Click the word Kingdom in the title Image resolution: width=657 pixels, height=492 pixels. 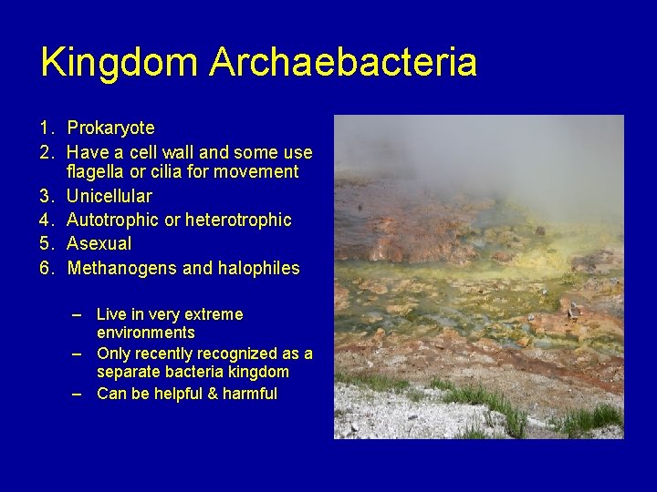click(120, 63)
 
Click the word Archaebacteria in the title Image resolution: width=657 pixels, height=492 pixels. click(343, 63)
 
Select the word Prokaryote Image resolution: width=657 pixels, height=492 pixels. click(110, 128)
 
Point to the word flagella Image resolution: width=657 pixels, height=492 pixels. click(99, 172)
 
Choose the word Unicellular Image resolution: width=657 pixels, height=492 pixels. click(109, 196)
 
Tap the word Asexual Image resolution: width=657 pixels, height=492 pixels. click(99, 243)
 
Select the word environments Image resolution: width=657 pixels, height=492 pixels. click(145, 333)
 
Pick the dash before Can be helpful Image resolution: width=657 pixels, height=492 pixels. click(79, 394)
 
